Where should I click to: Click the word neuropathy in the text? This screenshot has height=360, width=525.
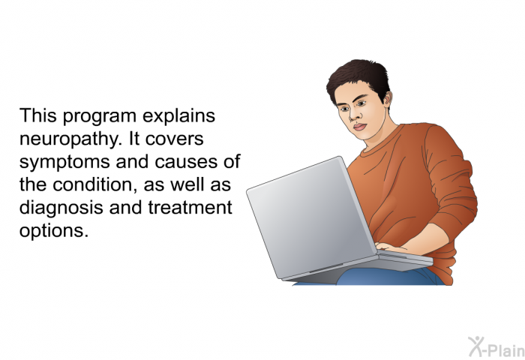(70, 139)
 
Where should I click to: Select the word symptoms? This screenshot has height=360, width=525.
(64, 163)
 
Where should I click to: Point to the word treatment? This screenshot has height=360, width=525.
(190, 207)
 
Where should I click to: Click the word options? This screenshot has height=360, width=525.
(54, 231)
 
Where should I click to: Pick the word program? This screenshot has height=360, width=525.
(99, 117)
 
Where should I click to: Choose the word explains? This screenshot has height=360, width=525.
(178, 116)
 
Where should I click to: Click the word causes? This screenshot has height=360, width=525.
(186, 163)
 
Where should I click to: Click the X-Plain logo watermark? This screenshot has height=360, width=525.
(496, 346)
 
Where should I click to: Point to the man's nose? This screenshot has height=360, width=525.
(354, 115)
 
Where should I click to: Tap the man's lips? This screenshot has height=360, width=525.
(360, 127)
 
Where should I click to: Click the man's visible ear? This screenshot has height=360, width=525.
(388, 99)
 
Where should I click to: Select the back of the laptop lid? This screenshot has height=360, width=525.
(311, 217)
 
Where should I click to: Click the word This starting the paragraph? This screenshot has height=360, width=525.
(37, 115)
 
